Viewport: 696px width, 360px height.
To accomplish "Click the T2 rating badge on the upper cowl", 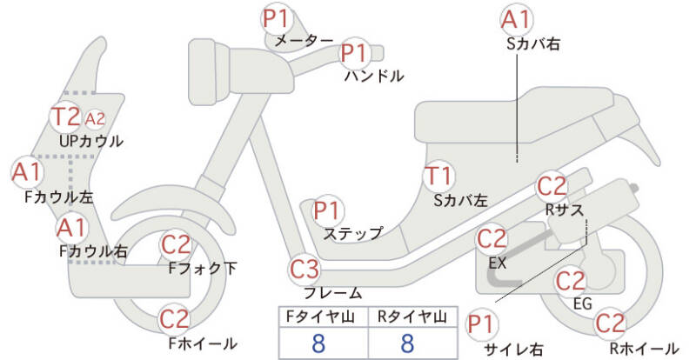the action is [x=66, y=117].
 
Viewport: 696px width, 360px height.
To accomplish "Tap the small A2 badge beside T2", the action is [x=95, y=118].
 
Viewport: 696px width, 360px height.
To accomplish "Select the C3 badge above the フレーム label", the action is [x=304, y=269].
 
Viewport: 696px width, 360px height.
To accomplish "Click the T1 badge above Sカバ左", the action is [x=439, y=177].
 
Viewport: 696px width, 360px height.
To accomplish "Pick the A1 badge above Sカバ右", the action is [x=517, y=20].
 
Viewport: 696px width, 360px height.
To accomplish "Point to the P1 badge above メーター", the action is [x=277, y=18].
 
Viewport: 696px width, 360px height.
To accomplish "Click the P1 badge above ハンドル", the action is [x=355, y=53].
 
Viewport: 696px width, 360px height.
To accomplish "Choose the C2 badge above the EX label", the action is [x=492, y=239].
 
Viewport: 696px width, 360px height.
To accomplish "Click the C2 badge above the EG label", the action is [x=571, y=281].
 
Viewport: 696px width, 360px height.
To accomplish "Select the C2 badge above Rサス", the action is [x=552, y=187].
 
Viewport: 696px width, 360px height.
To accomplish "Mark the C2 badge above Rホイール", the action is [x=610, y=323].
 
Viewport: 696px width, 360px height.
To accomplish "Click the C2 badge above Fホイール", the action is [x=175, y=319].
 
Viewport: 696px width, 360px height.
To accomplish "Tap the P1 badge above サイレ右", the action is [x=481, y=324].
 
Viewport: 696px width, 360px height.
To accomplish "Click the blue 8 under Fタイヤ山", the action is [x=318, y=343].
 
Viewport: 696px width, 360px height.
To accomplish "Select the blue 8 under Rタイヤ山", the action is [x=407, y=343].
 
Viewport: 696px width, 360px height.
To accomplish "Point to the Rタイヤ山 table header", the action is [x=412, y=317].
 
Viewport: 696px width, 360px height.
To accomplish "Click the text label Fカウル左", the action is [x=58, y=197].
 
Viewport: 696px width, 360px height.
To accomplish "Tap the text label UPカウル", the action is [x=91, y=141].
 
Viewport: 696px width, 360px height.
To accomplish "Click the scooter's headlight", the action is [x=209, y=71].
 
